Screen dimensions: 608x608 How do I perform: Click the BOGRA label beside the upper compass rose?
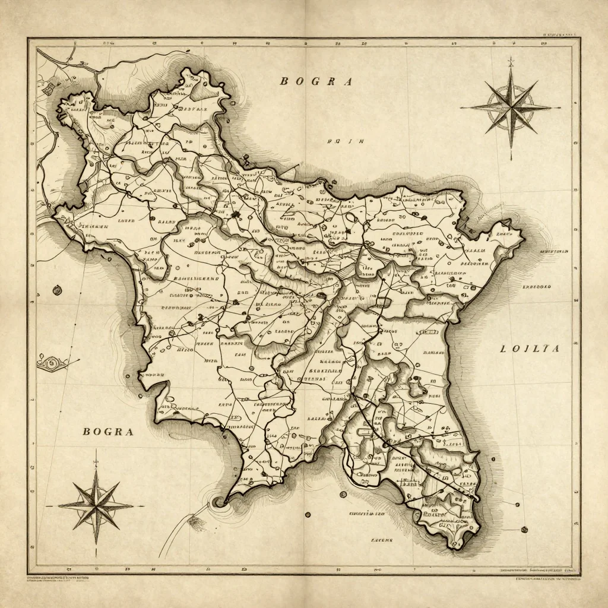(x=316, y=82)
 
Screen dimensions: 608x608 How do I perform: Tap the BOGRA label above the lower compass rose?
(x=107, y=432)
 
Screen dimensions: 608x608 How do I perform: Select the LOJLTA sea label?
(x=530, y=349)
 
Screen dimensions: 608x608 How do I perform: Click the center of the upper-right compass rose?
(x=511, y=107)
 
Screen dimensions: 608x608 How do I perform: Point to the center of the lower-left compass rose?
(x=96, y=505)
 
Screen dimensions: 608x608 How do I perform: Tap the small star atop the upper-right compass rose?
(x=511, y=61)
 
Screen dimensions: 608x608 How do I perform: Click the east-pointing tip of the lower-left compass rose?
(x=142, y=506)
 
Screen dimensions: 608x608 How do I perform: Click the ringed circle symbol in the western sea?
(x=57, y=290)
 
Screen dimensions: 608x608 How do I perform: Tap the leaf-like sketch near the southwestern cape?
(x=195, y=521)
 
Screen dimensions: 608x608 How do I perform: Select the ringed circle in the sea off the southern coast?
(x=343, y=494)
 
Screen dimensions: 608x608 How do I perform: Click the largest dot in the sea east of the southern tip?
(x=524, y=529)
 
